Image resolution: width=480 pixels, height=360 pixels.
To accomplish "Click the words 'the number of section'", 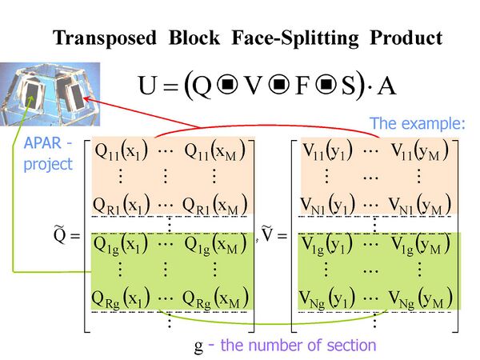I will (298, 346).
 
